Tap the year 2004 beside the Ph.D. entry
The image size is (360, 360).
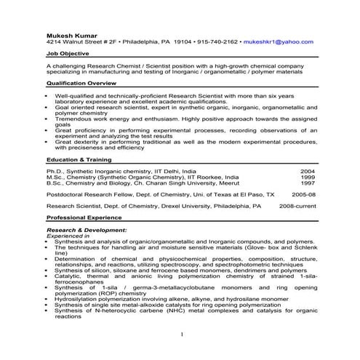308,171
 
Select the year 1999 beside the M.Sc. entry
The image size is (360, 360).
308,177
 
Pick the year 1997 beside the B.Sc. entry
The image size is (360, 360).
308,183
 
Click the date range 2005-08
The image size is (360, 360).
303,195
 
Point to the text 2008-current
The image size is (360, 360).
297,207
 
